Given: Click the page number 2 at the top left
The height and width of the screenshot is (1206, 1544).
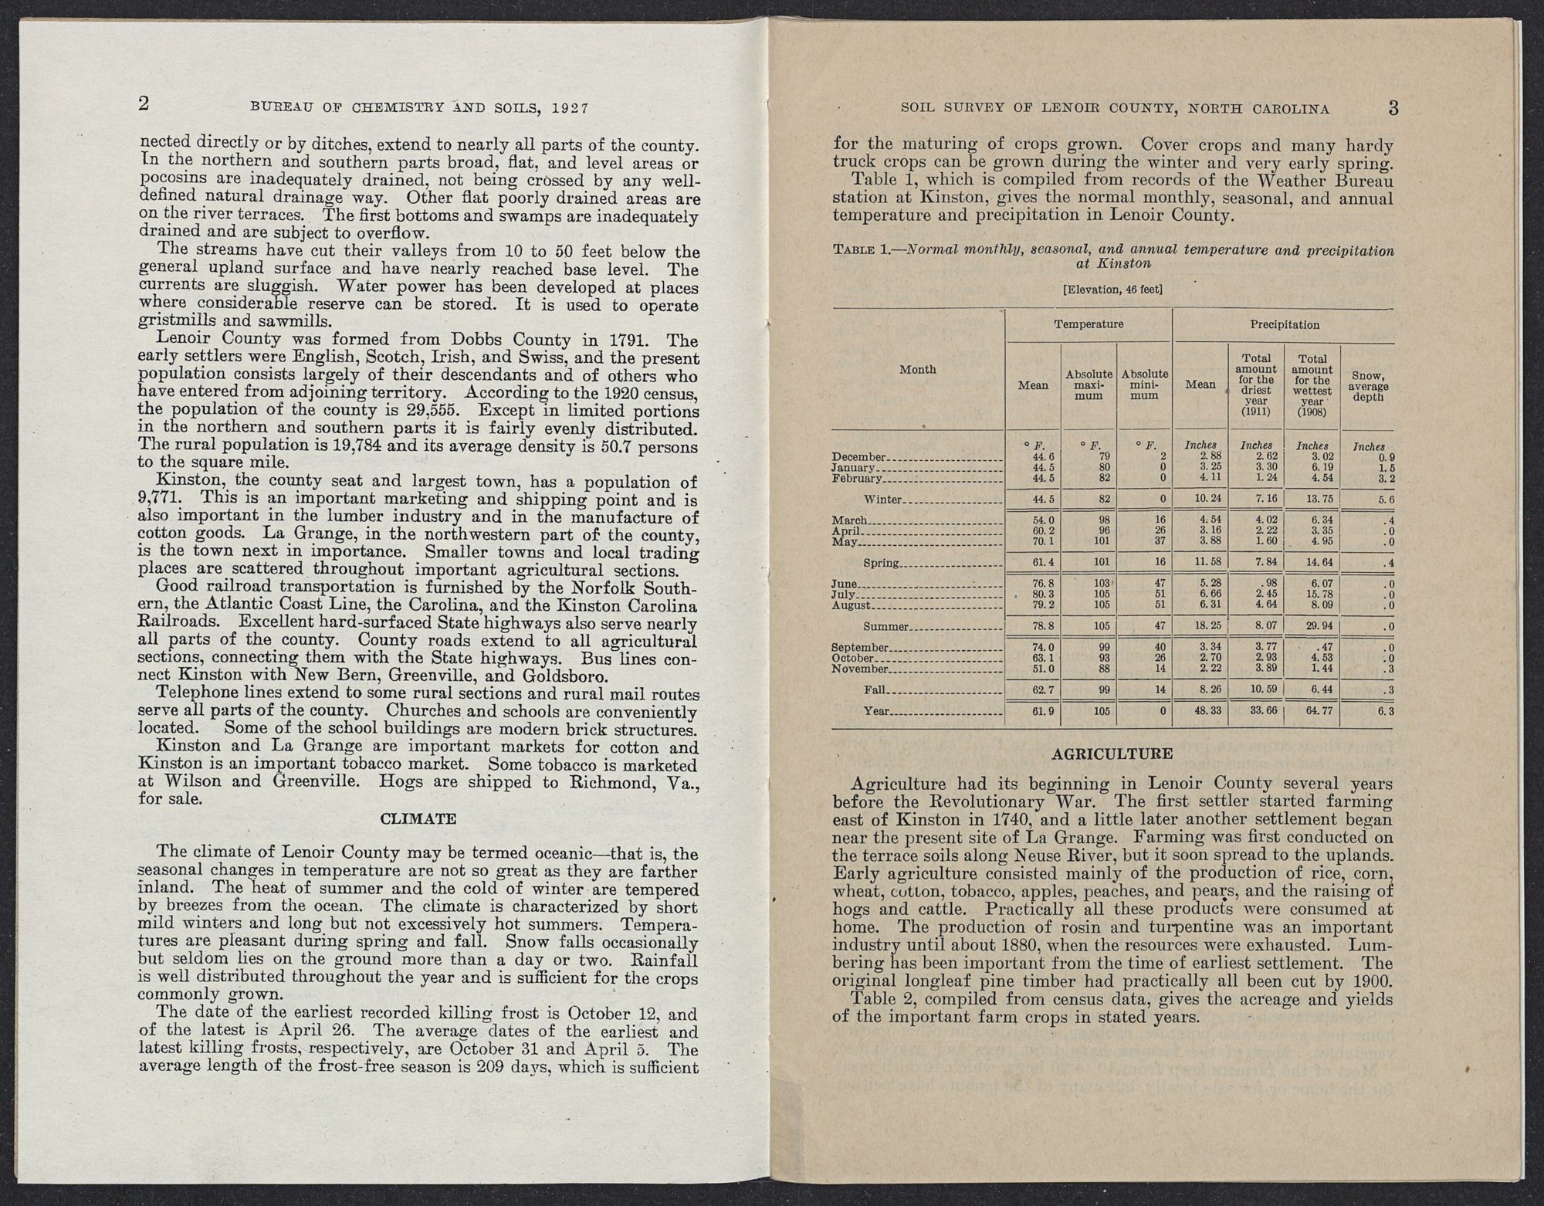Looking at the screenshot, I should point(144,105).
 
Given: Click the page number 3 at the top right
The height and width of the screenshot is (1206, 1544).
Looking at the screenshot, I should point(1393,107).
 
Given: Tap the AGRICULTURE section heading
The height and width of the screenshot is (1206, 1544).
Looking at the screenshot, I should point(1112,754).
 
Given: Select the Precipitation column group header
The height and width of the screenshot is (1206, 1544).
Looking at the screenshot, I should point(1284,325).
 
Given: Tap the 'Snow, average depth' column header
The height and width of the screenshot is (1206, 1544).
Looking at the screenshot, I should point(1367,386).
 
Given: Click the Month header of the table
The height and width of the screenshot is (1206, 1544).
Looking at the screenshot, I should point(918,370).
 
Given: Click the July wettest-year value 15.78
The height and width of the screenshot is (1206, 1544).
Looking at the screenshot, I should point(1312,594).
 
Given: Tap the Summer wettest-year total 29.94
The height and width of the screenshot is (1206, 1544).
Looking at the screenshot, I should point(1312,625).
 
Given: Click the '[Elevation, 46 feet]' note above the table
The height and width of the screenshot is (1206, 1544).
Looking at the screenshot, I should point(1112,290).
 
